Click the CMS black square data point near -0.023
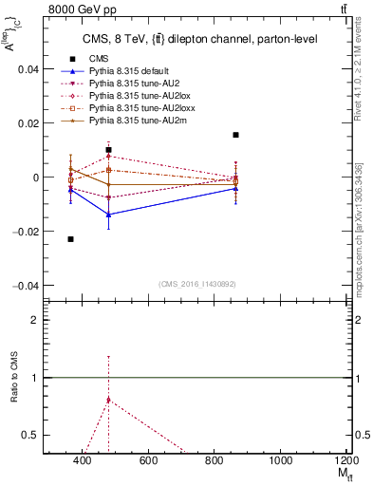71,239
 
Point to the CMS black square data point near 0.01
109,150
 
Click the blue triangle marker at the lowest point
109,215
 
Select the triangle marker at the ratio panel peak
109,400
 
